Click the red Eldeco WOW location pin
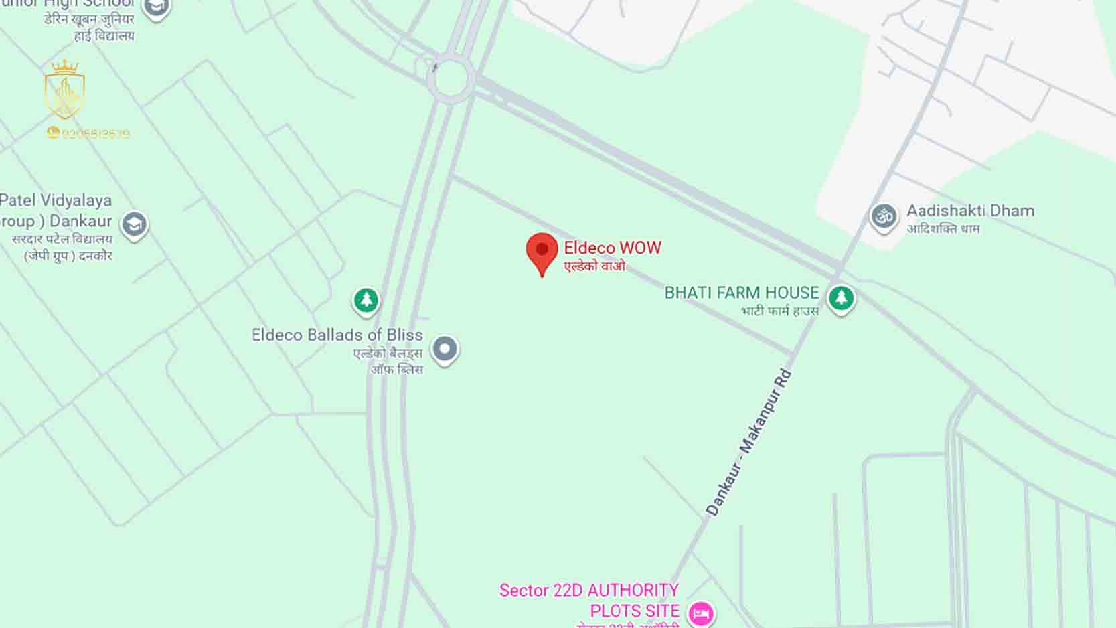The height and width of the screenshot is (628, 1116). pos(542,252)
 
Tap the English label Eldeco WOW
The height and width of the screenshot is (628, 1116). pos(612,248)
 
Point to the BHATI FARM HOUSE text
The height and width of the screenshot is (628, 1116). pos(741,293)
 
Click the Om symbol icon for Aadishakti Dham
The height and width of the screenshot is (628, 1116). pos(884,216)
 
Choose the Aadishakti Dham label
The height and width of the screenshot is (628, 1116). pos(970,210)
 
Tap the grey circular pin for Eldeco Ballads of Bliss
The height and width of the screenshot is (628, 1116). pos(445,349)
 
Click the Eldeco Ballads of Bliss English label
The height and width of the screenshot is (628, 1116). pos(337,335)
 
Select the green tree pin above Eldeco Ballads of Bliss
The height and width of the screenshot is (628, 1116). pos(366,300)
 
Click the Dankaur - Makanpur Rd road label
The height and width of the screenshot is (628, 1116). pos(749,443)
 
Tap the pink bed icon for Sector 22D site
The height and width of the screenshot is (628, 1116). pos(701,612)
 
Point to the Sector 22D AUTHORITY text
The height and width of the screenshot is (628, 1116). pos(588,590)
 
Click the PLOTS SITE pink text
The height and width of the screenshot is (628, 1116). pos(634,611)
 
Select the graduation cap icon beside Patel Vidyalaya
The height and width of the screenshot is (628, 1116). pos(134,224)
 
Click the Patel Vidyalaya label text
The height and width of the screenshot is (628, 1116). pos(56,200)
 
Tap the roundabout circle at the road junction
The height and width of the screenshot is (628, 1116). pos(451,78)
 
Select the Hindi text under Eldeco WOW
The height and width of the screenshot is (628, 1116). pos(594,266)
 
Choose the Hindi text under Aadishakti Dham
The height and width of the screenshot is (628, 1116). pos(943,228)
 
